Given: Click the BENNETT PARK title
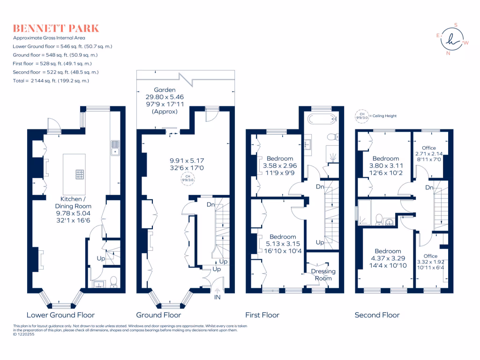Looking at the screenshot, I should [x=56, y=28].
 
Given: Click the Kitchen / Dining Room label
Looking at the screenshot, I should [x=74, y=206].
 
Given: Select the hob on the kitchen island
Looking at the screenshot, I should [x=80, y=174].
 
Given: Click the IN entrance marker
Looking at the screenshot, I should [x=217, y=297].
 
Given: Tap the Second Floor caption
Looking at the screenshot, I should [x=377, y=315].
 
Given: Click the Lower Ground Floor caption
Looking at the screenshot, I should [x=60, y=315].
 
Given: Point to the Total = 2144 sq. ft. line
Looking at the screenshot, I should [x=51, y=81].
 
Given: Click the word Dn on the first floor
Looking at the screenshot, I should [x=320, y=187].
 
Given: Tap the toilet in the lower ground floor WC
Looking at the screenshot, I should [x=112, y=282].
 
